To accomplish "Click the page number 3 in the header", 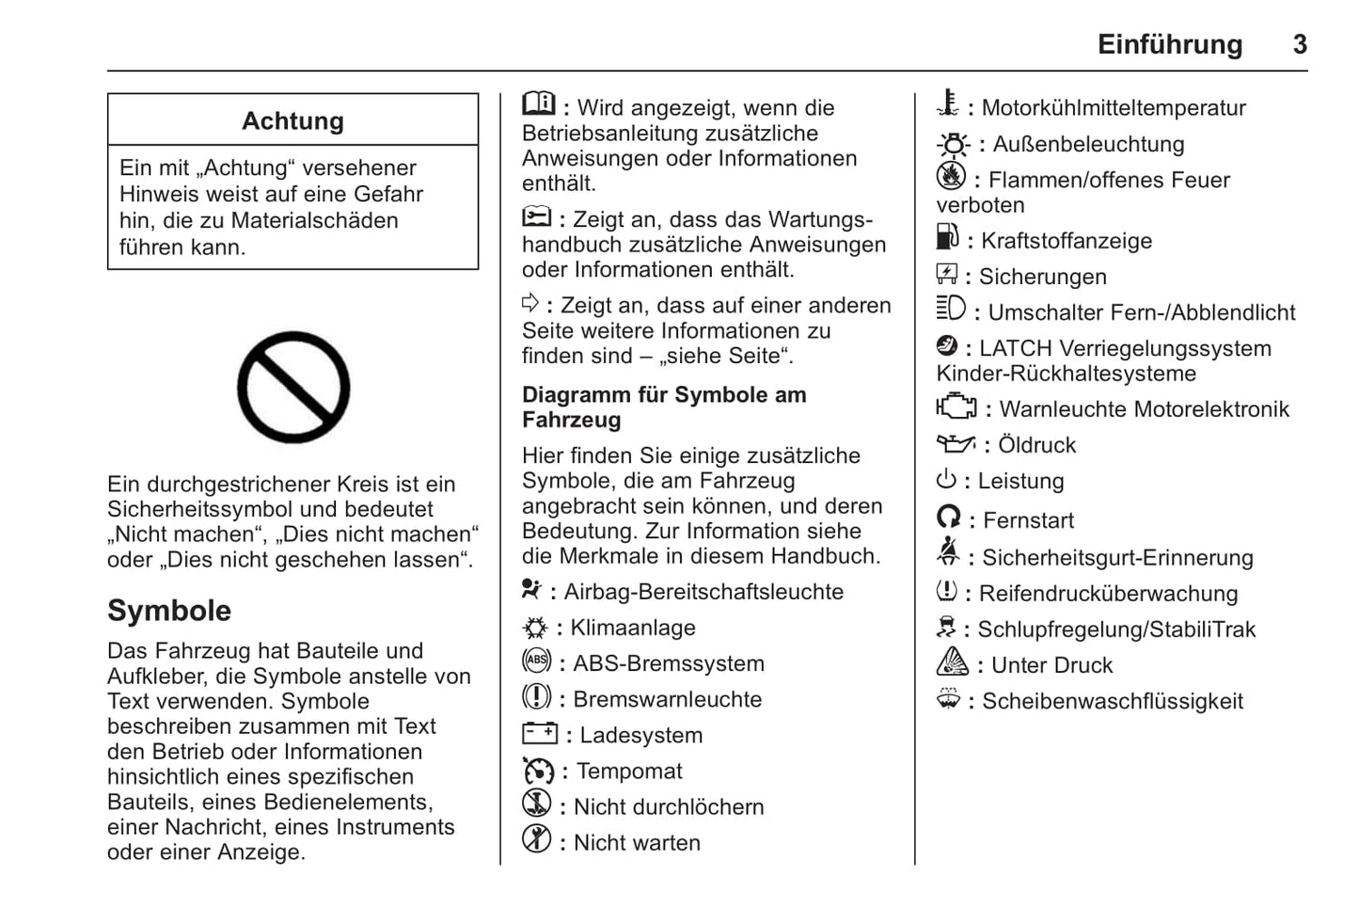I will click(1299, 44).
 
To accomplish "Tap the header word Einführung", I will click(1169, 44).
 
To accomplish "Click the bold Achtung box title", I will click(292, 120).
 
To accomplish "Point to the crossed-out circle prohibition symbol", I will click(293, 387).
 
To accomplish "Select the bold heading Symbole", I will click(169, 610).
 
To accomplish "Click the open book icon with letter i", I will click(539, 103).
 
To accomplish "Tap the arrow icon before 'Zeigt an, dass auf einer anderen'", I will click(530, 302).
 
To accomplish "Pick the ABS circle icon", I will click(536, 661).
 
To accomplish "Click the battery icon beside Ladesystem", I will click(540, 733).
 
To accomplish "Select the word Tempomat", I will click(629, 771).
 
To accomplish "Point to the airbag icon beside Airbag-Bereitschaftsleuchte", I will click(531, 589).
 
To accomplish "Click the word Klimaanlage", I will click(633, 628).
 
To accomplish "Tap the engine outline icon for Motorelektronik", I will click(956, 406).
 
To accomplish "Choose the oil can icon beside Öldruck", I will click(956, 443).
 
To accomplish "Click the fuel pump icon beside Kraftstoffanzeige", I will click(947, 237).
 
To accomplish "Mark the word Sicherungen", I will click(1042, 277).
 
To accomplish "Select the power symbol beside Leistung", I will click(946, 480).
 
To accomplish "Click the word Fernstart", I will click(1028, 520).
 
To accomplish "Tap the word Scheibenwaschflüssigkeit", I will click(1113, 701).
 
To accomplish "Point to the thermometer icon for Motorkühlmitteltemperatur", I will click(948, 104).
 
